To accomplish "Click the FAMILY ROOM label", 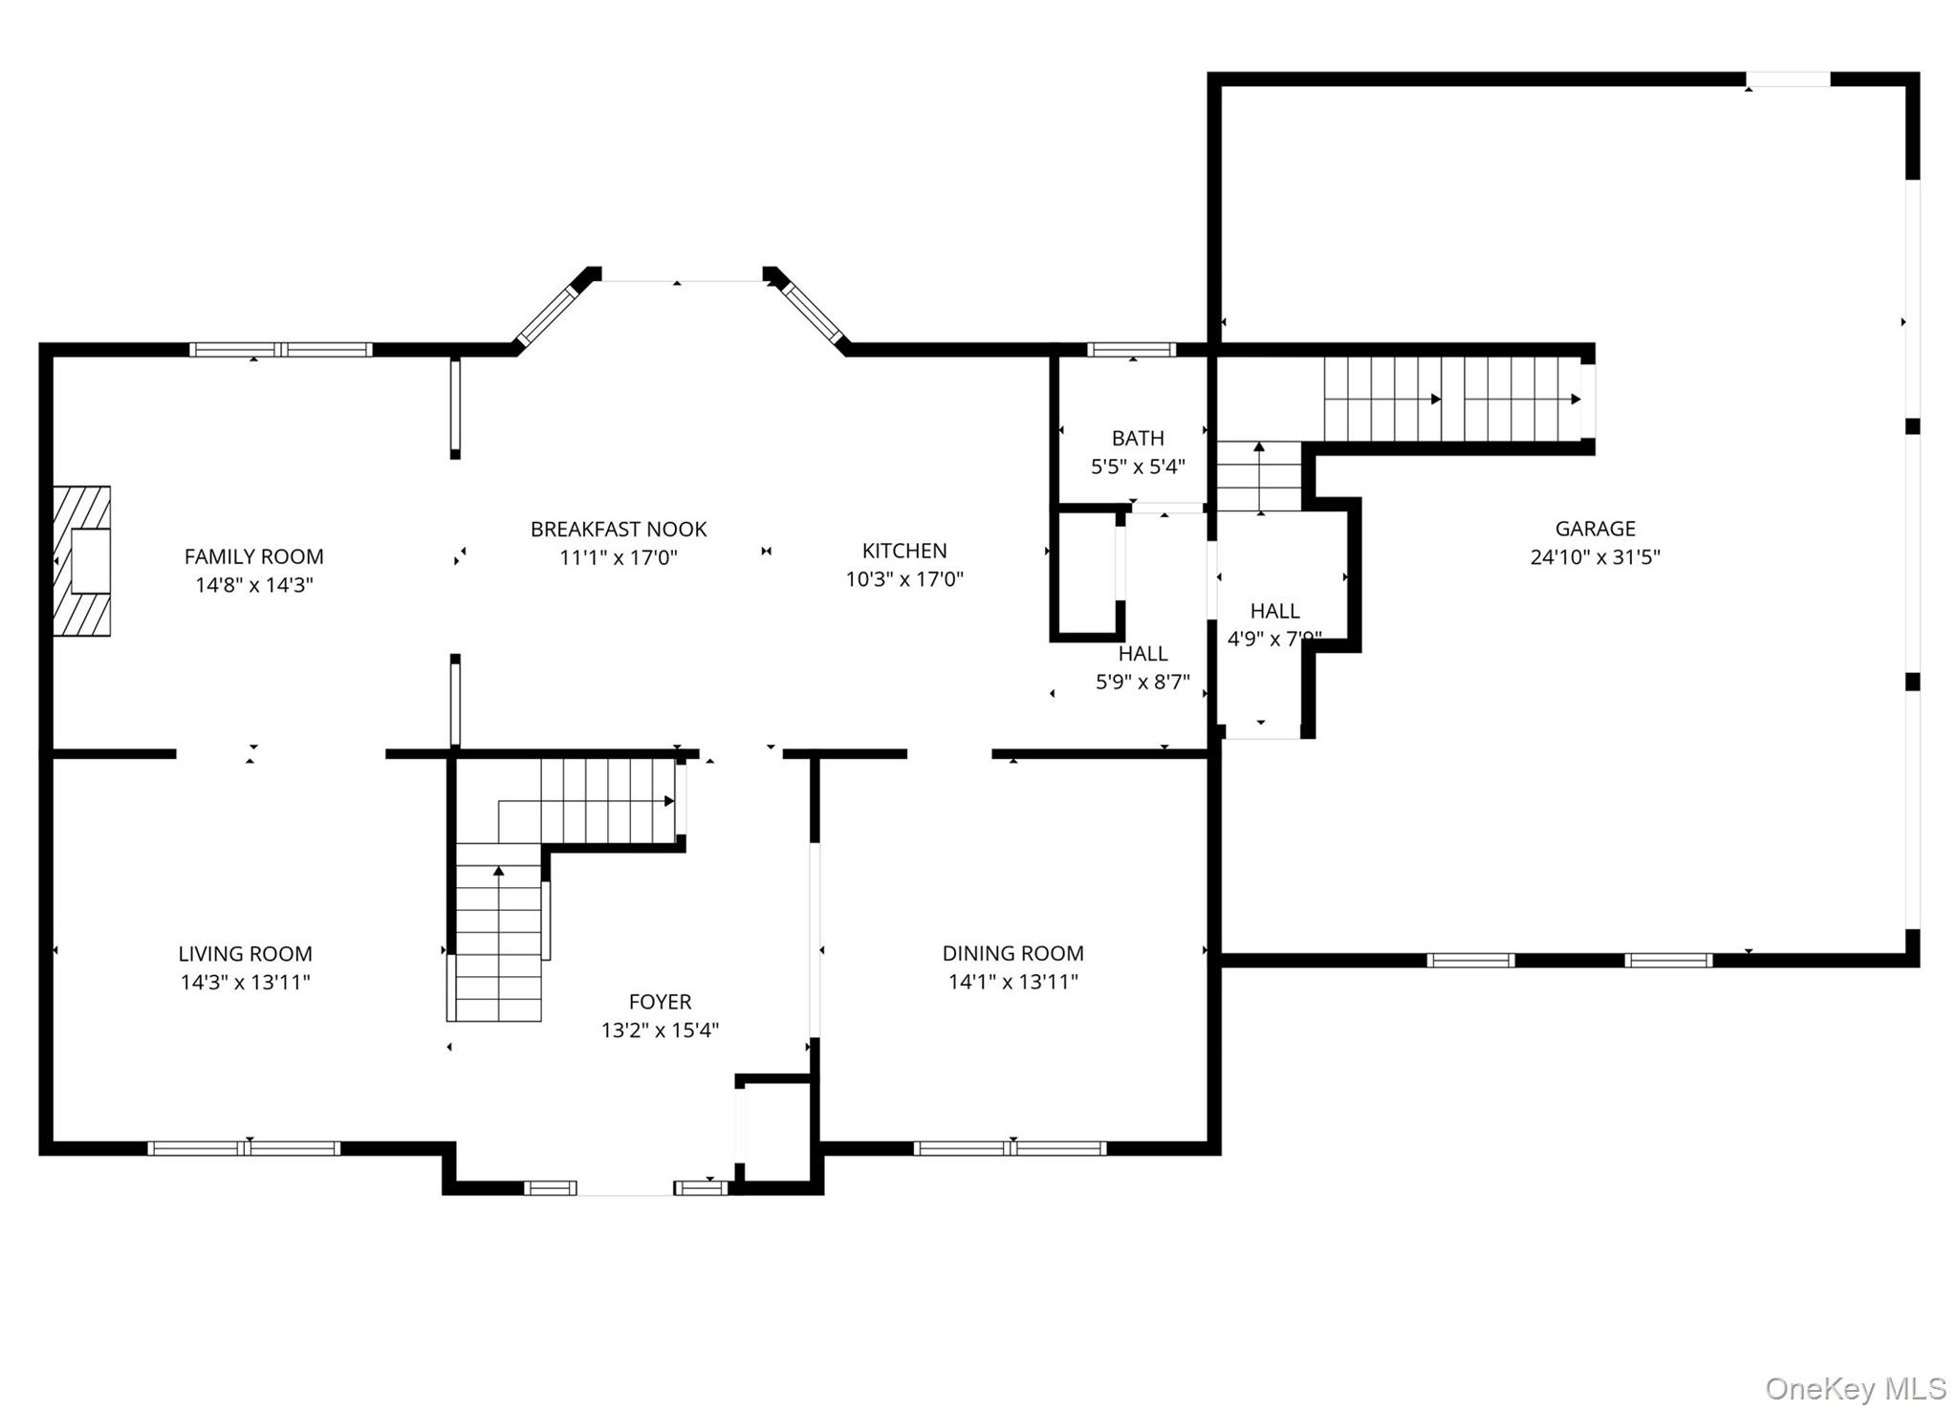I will coord(253,556).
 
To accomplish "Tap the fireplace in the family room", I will coord(82,561).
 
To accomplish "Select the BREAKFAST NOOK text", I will coord(619,529).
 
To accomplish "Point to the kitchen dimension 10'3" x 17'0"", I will coord(904,578).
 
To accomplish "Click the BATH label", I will coord(1138,439).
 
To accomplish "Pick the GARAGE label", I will coord(1595,529).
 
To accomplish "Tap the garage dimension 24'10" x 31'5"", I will coord(1595,557).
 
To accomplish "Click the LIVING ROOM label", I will coord(245,953).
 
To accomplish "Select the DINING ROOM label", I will coord(1012,953).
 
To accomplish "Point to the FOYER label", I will coord(660,1002).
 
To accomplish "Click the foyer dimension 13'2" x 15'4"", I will coord(660,1030).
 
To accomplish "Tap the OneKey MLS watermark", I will coord(1855,1388).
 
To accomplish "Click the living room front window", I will coord(244,1148).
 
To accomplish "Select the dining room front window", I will coord(1010,1148).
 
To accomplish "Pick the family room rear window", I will coord(280,350).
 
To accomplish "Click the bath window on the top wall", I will coord(1132,350).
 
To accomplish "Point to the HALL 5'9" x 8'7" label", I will coord(1142,667).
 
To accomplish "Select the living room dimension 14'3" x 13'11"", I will coord(245,982).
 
